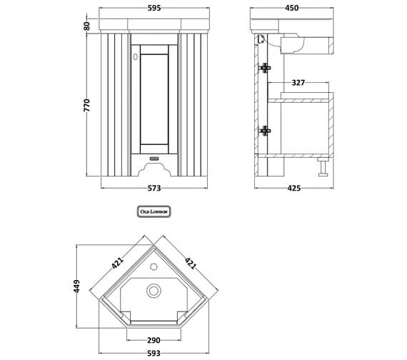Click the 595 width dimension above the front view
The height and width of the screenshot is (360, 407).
coord(154,9)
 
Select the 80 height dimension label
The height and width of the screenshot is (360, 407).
coord(86,26)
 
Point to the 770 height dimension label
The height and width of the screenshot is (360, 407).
coord(86,105)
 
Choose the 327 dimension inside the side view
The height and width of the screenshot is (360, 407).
coord(298,83)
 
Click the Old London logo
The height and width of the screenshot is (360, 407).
coord(154,212)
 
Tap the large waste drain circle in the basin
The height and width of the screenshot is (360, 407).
coord(153,291)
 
